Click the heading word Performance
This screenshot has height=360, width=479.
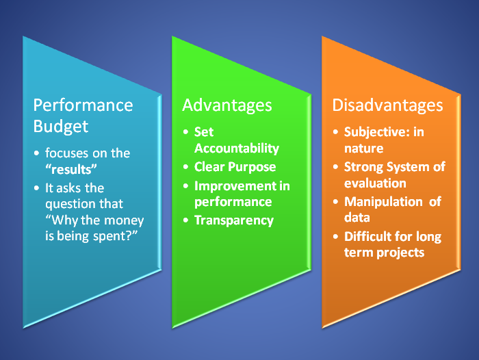pyautogui.click(x=83, y=105)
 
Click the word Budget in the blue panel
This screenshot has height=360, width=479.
pyautogui.click(x=61, y=126)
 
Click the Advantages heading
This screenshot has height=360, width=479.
pyautogui.click(x=226, y=105)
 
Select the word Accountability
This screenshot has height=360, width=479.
pyautogui.click(x=236, y=149)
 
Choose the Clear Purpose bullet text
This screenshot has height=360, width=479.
pyautogui.click(x=235, y=167)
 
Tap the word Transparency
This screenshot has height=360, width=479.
pyautogui.click(x=233, y=220)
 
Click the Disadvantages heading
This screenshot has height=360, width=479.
pyautogui.click(x=387, y=105)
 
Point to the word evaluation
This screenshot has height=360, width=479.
pyautogui.click(x=375, y=183)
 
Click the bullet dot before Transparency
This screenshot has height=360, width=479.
pyautogui.click(x=186, y=220)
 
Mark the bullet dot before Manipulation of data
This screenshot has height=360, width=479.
pyautogui.click(x=336, y=201)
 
